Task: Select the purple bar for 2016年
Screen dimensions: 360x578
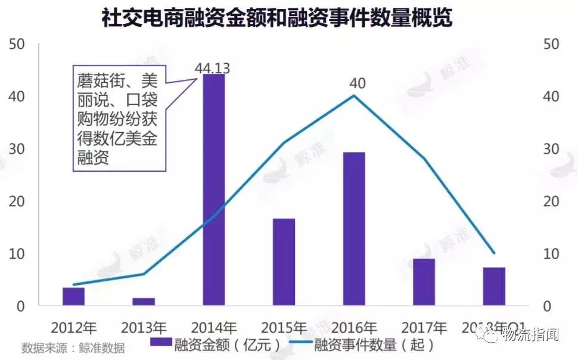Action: pos(354,229)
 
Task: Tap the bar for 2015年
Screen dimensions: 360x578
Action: pos(284,262)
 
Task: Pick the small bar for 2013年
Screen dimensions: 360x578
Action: pos(144,302)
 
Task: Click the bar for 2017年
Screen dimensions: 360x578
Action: pos(424,282)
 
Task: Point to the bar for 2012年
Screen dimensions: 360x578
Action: pos(73,296)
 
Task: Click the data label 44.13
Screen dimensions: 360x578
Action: pos(212,67)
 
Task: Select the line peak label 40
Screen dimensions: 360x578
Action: pos(358,83)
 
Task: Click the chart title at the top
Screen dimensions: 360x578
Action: pos(277,18)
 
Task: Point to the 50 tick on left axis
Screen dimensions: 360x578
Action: pos(17,44)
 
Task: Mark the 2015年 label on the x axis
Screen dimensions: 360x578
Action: pos(284,327)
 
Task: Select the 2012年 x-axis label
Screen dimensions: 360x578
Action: pos(73,327)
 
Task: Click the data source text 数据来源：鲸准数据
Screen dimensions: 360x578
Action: pos(73,347)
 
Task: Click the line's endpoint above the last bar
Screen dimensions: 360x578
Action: pos(493,253)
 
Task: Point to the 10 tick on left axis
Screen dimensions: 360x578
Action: pos(17,254)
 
